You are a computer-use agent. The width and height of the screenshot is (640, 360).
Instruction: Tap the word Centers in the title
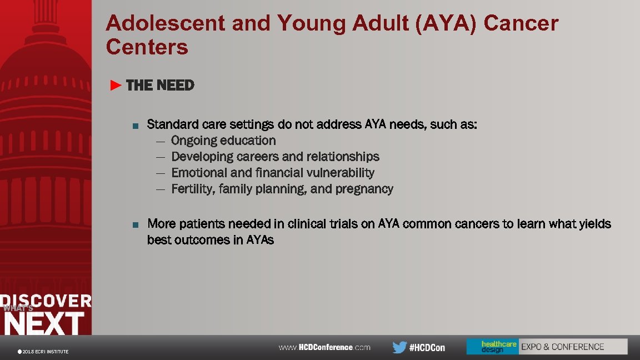tap(147, 47)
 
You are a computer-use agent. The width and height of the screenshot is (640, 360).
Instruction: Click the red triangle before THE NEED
tap(116, 86)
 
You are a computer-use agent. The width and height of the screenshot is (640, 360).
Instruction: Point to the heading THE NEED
tap(160, 86)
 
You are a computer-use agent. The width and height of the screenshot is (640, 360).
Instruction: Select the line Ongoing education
tap(223, 141)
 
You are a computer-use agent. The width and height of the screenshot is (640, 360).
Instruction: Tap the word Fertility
tap(192, 189)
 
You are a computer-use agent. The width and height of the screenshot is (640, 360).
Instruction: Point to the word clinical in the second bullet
tap(308, 224)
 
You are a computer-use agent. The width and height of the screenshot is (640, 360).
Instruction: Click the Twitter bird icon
tap(399, 347)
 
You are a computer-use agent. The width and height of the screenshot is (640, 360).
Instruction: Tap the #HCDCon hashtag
tap(427, 348)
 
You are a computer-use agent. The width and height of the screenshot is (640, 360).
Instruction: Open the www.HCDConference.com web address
tap(324, 347)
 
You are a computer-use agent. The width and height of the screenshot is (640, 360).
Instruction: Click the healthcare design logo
tap(492, 347)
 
